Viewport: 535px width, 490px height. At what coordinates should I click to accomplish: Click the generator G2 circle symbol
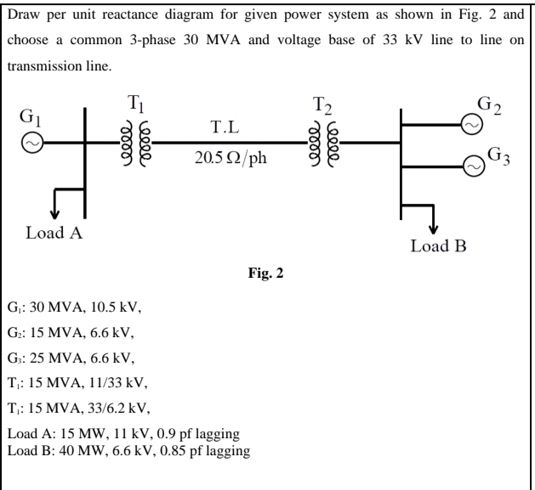(x=470, y=124)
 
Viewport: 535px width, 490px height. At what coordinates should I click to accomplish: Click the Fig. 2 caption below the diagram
(x=267, y=276)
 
